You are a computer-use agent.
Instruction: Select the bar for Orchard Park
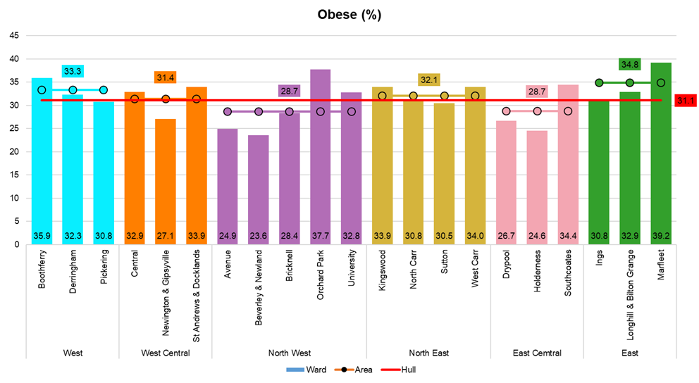320,155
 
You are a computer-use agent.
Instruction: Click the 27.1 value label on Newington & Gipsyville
166,235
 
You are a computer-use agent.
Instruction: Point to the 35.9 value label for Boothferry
42,235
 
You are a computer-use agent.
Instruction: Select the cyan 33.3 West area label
73,71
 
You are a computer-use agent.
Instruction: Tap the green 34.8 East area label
629,65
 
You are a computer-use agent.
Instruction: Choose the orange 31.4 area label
165,77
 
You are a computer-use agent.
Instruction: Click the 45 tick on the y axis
13,35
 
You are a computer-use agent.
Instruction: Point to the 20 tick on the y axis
13,151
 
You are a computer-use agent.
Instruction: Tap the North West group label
289,353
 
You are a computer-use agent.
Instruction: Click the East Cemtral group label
536,353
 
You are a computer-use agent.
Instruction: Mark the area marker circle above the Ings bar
599,83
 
